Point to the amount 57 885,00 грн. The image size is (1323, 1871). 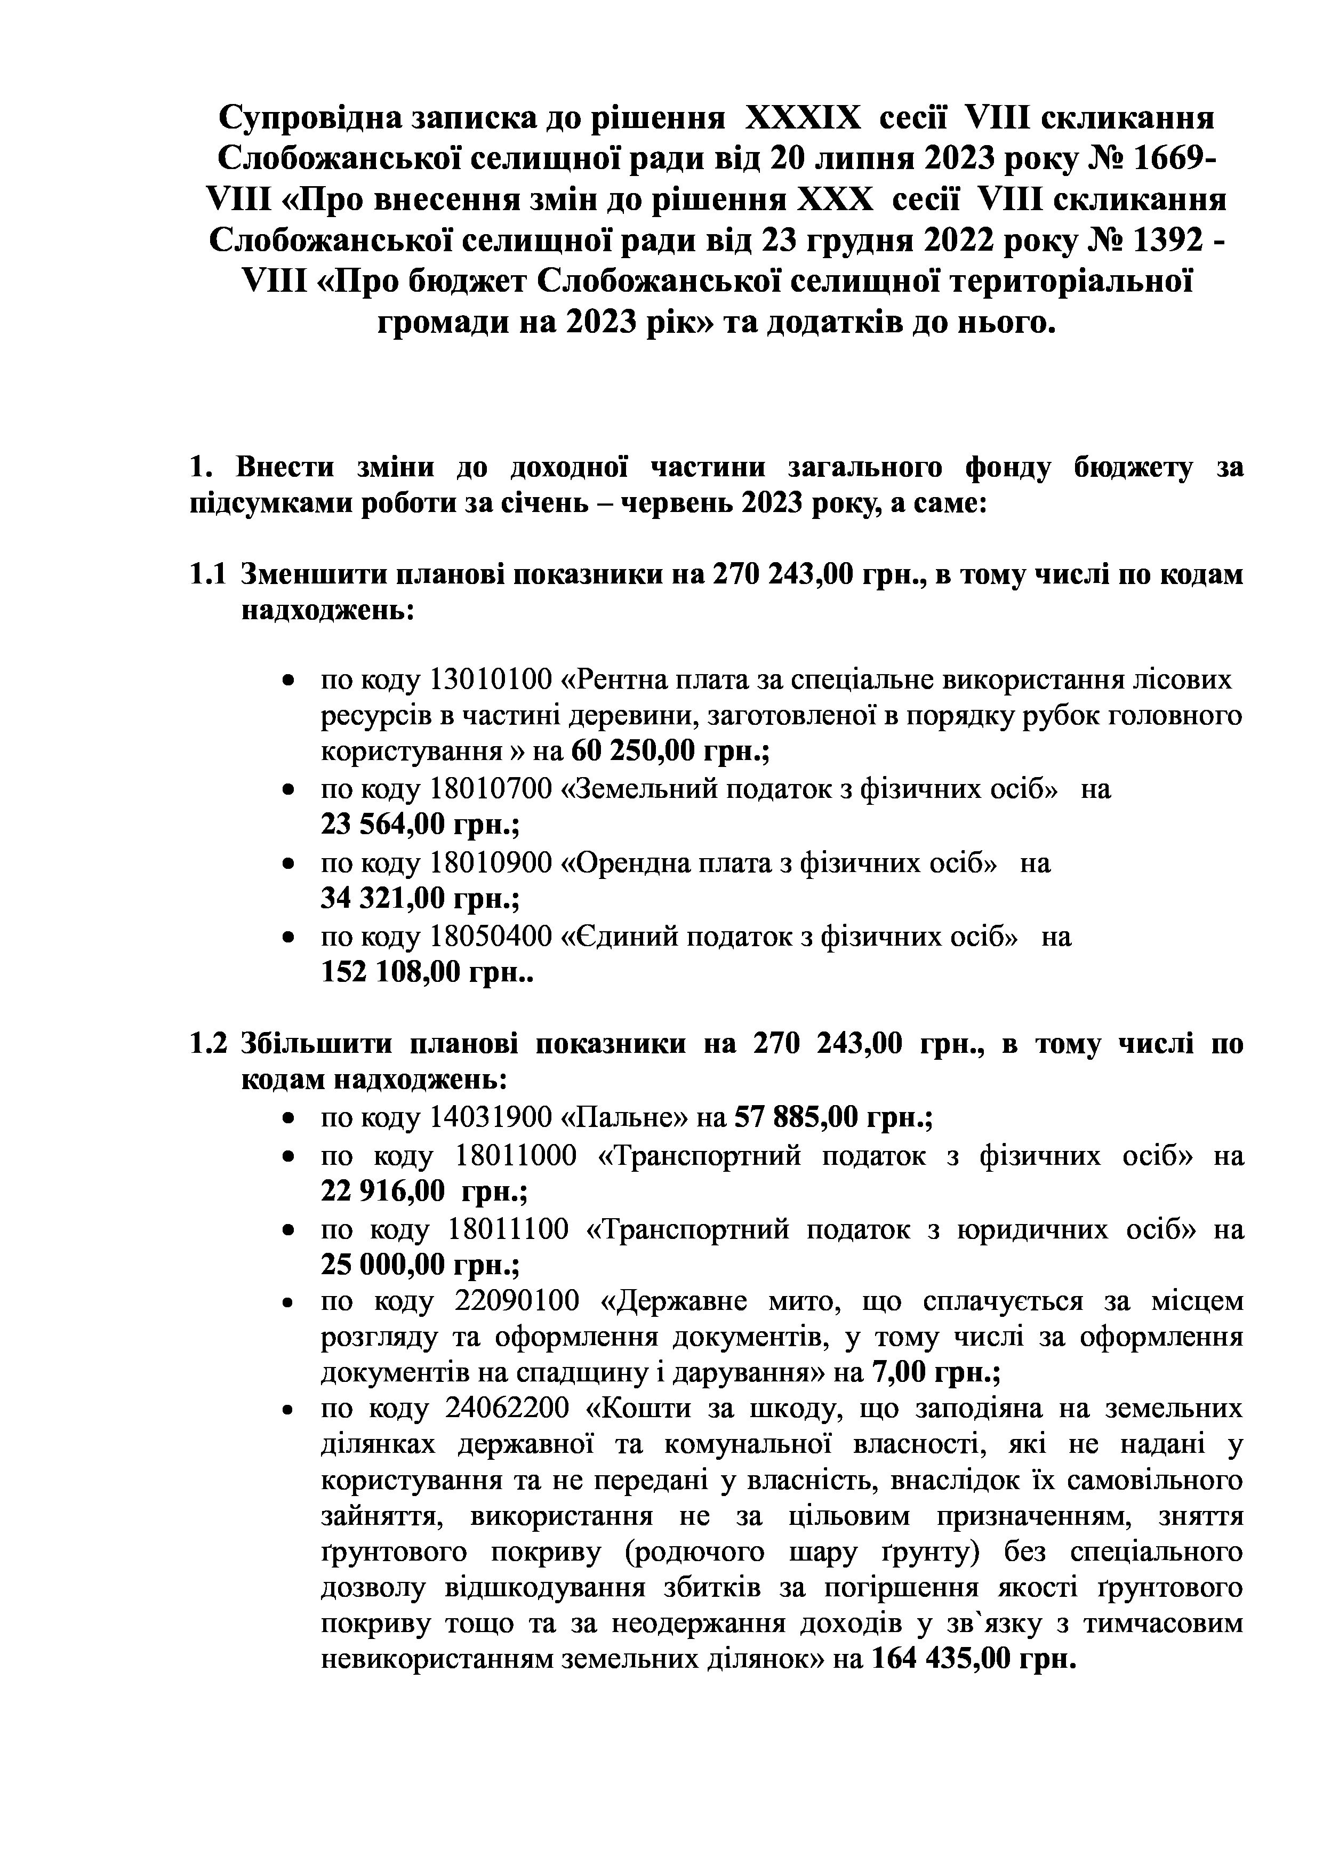click(x=833, y=1116)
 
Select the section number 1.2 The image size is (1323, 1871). click(x=207, y=1045)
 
